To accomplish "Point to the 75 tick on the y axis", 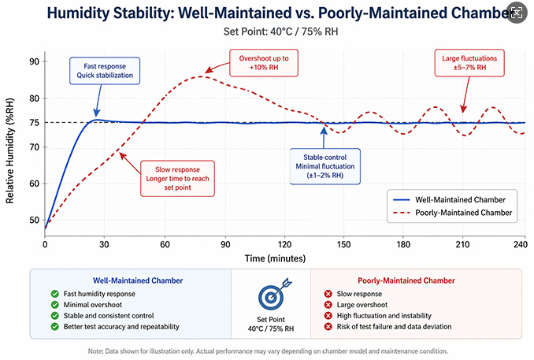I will [x=34, y=122].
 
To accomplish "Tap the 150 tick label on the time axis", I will [x=345, y=245].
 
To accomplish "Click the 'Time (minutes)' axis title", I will [x=285, y=258].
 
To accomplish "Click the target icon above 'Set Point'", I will [x=271, y=295].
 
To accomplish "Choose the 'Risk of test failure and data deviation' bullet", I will [x=393, y=327].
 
